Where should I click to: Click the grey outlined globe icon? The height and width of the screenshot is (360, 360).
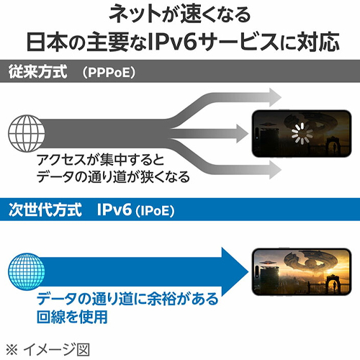tap(27, 133)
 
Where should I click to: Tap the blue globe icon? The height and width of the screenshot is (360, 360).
tap(27, 271)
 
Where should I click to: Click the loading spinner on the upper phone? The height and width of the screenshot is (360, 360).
tap(302, 133)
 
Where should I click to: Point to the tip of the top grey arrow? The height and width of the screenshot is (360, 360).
tap(282, 97)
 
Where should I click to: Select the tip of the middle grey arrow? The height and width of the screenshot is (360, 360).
tap(248, 133)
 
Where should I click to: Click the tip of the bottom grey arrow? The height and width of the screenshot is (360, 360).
tap(282, 169)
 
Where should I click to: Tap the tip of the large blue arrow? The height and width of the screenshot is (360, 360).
tap(248, 271)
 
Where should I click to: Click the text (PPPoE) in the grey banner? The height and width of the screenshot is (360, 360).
tap(109, 72)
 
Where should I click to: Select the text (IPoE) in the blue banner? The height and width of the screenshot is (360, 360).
tap(155, 211)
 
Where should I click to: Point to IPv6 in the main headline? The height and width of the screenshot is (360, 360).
tap(173, 42)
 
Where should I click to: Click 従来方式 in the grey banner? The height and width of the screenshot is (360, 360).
tap(37, 71)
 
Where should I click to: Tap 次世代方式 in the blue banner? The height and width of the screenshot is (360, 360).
tap(45, 210)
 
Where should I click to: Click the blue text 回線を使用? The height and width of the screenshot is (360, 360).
tap(72, 317)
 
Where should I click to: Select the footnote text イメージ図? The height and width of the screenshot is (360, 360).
tap(56, 349)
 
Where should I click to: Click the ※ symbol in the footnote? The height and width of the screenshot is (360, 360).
tap(12, 349)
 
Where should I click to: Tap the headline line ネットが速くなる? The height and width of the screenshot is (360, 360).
tap(180, 15)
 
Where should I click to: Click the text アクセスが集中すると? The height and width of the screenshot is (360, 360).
tap(100, 160)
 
